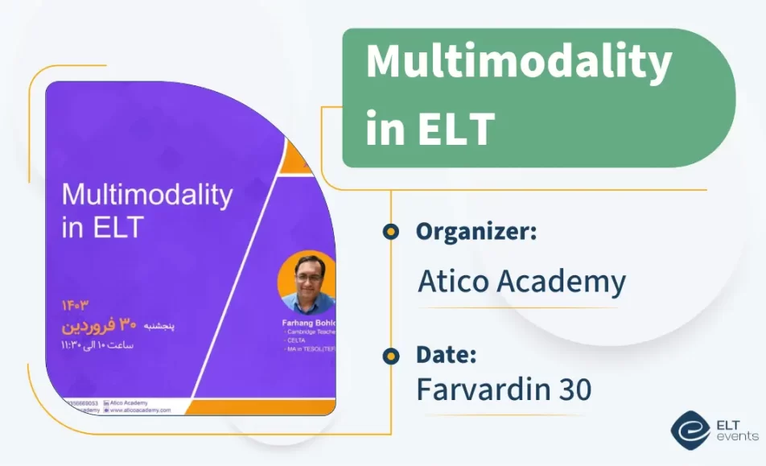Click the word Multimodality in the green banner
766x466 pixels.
point(518,64)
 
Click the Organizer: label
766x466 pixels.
point(476,232)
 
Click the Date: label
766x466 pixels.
point(447,354)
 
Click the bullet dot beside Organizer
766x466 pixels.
point(391,232)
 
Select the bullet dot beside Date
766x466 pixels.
point(391,355)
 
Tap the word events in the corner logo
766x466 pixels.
point(736,436)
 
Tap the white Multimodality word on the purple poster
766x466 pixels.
point(147,196)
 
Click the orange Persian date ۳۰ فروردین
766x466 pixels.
point(101,325)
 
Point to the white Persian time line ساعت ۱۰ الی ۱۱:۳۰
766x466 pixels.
point(98,345)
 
